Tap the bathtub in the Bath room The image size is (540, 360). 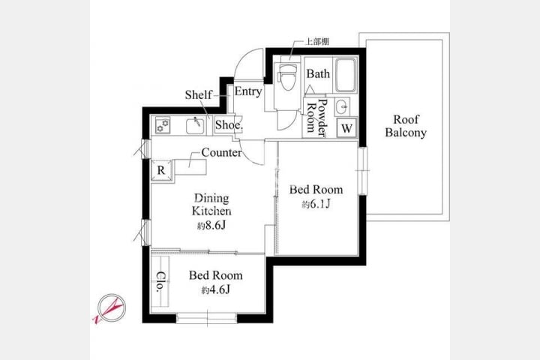(x=346, y=75)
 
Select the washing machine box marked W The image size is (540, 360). (x=346, y=127)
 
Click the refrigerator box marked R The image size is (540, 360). (x=161, y=170)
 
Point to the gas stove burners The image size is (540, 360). (x=163, y=125)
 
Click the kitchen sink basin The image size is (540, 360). (x=196, y=127)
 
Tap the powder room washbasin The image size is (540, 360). (x=342, y=106)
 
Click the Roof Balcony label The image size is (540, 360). (x=406, y=126)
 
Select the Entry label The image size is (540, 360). (x=248, y=91)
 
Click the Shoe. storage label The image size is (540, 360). (x=229, y=124)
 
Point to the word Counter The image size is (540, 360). (x=221, y=152)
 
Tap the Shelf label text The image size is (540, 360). (x=198, y=94)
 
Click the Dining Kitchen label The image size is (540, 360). (x=211, y=204)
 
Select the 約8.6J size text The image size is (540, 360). (x=211, y=226)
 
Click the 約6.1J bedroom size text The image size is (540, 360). (x=316, y=204)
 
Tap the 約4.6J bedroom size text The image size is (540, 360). (x=215, y=290)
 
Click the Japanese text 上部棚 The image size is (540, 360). (x=317, y=42)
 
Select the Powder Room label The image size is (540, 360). (x=316, y=118)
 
